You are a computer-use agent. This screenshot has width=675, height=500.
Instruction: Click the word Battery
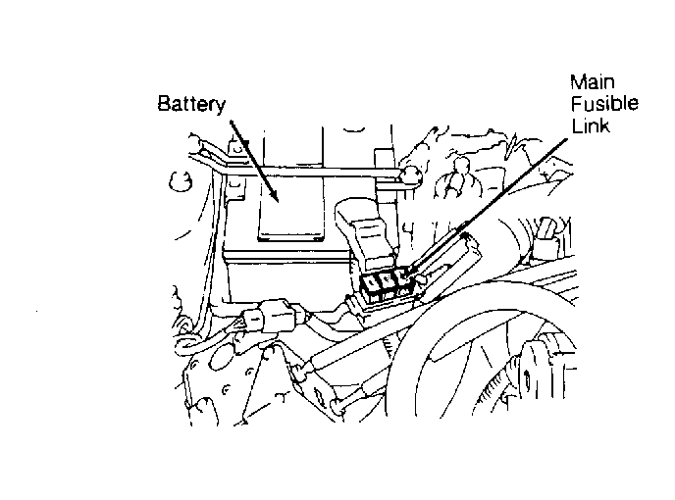[x=191, y=104]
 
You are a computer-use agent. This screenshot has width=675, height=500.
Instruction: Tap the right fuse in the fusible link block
[x=402, y=281]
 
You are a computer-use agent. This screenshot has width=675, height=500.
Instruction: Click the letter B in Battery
[x=164, y=104]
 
